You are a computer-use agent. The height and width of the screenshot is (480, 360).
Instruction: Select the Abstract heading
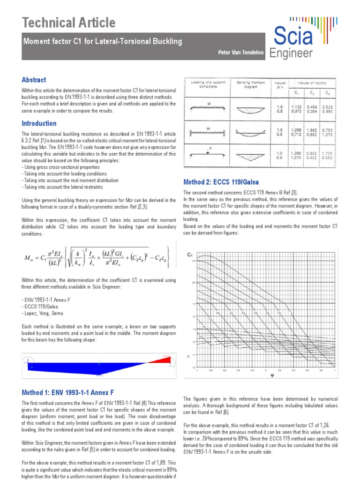click(34, 80)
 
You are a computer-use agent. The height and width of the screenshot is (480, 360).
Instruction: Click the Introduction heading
click(39, 123)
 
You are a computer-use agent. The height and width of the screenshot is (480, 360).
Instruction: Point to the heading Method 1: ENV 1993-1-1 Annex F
click(68, 392)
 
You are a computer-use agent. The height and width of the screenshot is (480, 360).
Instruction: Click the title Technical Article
click(68, 22)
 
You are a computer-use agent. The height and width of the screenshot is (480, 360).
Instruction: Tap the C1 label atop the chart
click(190, 255)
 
